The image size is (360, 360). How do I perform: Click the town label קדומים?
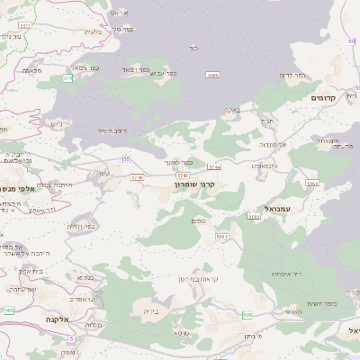pos(323,97)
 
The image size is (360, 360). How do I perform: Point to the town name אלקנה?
pos(58,319)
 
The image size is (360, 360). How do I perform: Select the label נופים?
pos(200,220)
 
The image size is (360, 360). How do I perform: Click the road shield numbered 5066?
pos(212,75)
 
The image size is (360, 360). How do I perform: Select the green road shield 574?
pos(68,78)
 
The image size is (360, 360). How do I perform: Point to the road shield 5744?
pos(214,166)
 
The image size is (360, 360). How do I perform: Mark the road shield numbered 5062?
pos(221,236)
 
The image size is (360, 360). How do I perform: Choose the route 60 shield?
pos(352,41)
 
